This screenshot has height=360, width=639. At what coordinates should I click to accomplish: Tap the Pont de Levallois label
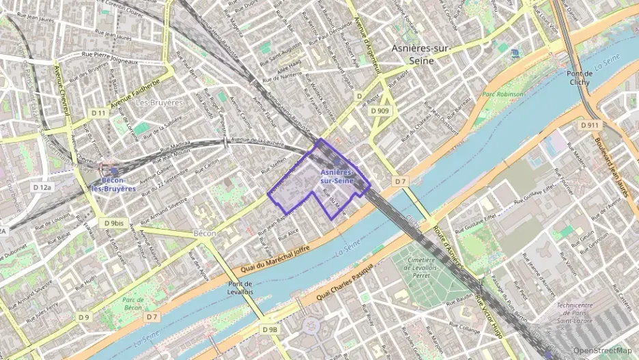click(240, 288)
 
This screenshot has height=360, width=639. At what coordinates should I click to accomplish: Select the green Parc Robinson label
click(502, 94)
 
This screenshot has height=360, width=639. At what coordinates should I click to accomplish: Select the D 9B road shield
click(270, 329)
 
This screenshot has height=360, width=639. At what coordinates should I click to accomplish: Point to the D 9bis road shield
click(115, 223)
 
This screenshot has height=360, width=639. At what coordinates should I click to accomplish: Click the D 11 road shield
click(98, 113)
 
